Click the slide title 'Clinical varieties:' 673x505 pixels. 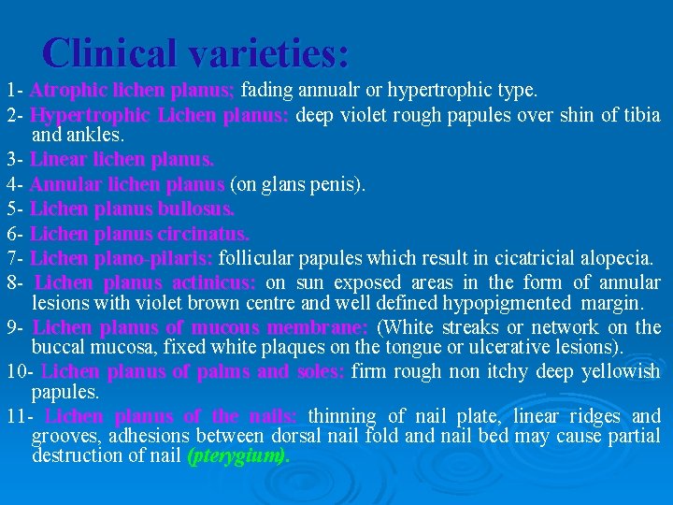pyautogui.click(x=195, y=52)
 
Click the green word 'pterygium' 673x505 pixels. pyautogui.click(x=234, y=456)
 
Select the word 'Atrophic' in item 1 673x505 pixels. pyautogui.click(x=67, y=91)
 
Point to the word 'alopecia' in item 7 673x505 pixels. pyautogui.click(x=619, y=257)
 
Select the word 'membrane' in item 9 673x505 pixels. pyautogui.click(x=319, y=327)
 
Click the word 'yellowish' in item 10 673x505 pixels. pyautogui.click(x=614, y=371)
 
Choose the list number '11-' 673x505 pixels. pyautogui.click(x=20, y=416)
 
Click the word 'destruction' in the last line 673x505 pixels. pyautogui.click(x=76, y=456)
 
